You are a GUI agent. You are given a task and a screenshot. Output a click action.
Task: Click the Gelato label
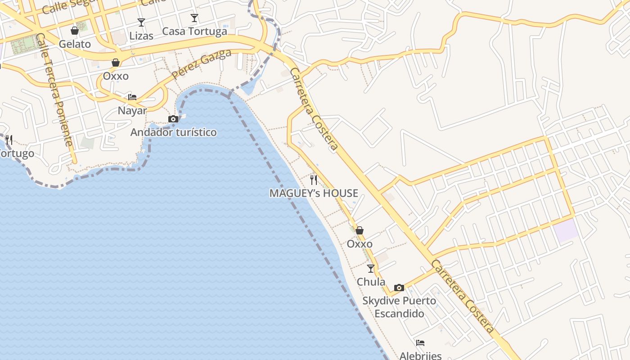coord(75,44)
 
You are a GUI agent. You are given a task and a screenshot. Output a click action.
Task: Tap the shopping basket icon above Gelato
coord(75,31)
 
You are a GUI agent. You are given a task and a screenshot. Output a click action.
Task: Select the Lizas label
coord(141,36)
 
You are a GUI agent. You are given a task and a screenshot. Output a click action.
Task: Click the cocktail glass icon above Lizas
coord(141,22)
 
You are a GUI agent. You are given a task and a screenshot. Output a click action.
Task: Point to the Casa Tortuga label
coord(194,31)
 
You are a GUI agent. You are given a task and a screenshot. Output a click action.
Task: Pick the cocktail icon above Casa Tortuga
coord(194,18)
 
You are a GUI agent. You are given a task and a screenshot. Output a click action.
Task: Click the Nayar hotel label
coord(132,111)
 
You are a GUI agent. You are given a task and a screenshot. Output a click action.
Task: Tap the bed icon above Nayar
coord(132,97)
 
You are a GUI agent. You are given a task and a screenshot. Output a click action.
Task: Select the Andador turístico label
coord(173,132)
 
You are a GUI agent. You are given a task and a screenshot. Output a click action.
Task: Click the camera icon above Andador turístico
coord(173,119)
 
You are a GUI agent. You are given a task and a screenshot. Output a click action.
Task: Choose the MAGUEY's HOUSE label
coord(314,193)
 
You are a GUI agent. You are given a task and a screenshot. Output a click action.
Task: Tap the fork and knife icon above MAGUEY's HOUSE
coord(314,180)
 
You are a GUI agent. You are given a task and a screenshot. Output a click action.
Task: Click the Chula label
coord(371,282)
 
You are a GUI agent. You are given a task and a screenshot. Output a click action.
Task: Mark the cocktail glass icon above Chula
coord(371,269)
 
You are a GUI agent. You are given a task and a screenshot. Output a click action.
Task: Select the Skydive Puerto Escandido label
coord(400,307)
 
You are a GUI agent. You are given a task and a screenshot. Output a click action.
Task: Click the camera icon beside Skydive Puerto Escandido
coord(399,288)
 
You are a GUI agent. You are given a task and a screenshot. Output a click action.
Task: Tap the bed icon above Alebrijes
coord(420,343)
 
